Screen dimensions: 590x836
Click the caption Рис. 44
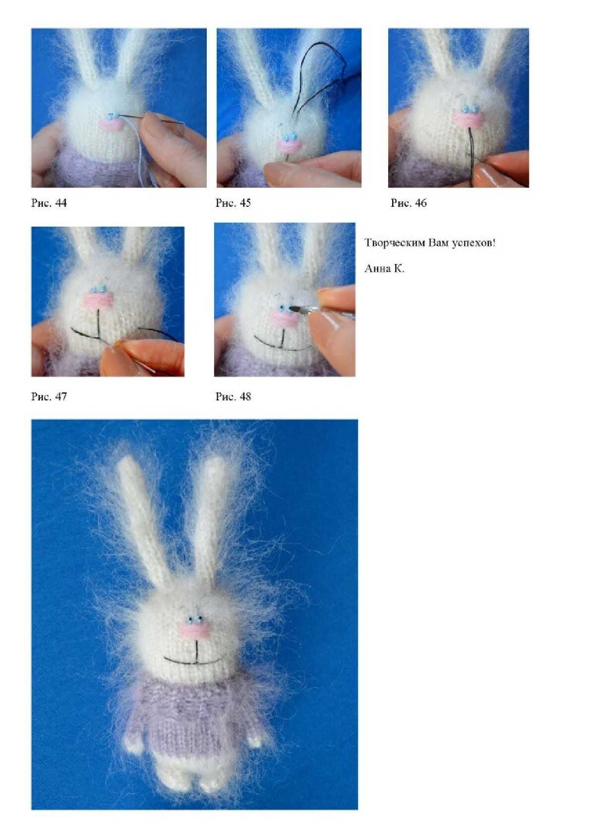(x=49, y=202)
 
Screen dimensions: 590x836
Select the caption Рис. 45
(x=233, y=202)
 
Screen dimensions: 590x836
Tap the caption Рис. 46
(x=409, y=202)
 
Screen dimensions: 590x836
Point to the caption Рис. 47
(x=49, y=396)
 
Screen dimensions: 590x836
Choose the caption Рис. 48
(x=233, y=396)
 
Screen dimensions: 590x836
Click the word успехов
(x=473, y=243)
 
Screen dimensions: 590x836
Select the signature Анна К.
(x=384, y=268)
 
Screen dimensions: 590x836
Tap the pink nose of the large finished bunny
(x=194, y=630)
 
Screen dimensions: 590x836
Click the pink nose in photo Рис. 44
(x=110, y=124)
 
